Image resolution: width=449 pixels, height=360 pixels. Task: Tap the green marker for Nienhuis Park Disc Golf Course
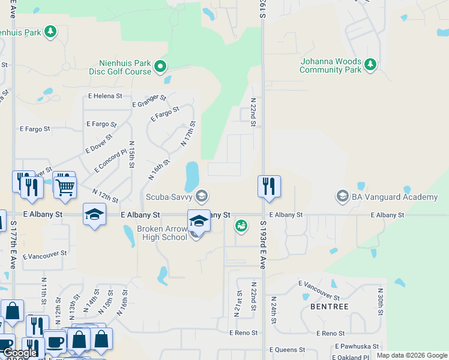(161, 67)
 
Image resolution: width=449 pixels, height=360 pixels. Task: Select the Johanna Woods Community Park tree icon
(370, 64)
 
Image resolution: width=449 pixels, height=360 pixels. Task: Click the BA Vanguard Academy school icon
(342, 196)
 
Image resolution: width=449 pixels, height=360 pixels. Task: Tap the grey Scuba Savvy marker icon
(202, 196)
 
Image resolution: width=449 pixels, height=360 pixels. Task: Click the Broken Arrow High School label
(161, 232)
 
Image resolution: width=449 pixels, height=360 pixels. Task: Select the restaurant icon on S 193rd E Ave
(269, 186)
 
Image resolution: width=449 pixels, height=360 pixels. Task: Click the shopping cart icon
(65, 186)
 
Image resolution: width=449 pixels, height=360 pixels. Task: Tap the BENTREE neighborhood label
(330, 307)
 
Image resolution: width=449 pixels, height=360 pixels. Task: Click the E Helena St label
(105, 96)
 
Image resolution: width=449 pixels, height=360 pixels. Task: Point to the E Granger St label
(149, 101)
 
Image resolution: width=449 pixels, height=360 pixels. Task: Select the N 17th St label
(188, 134)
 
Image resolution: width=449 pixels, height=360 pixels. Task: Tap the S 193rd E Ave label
(263, 244)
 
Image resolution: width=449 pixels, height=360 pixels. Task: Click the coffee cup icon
(55, 342)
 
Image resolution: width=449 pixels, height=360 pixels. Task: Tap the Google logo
(20, 353)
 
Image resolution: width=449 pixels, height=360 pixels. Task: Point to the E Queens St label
(288, 350)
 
